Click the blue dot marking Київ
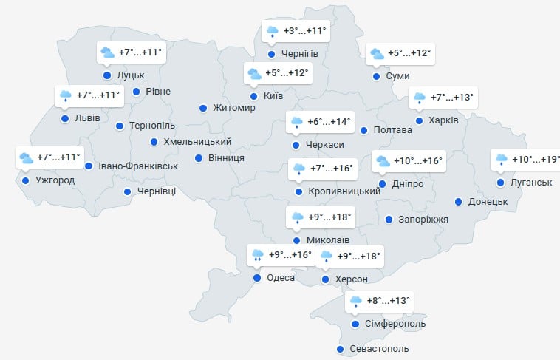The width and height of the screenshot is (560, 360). pyautogui.click(x=253, y=96)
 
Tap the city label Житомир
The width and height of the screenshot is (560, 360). pyautogui.click(x=233, y=108)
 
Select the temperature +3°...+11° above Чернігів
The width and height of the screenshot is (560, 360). pyautogui.click(x=306, y=32)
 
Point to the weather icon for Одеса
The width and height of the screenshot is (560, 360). pyautogui.click(x=257, y=256)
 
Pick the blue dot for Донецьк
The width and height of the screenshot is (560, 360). pyautogui.click(x=459, y=202)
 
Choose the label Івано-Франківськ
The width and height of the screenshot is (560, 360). pyautogui.click(x=138, y=166)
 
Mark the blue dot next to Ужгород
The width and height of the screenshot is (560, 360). pyautogui.click(x=26, y=180)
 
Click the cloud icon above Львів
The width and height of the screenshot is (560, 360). pyautogui.click(x=66, y=95)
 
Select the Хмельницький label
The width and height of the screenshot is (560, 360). pyautogui.click(x=197, y=142)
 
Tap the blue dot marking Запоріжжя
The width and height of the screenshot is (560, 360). pyautogui.click(x=389, y=219)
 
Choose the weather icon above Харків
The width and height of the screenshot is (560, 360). pyautogui.click(x=420, y=98)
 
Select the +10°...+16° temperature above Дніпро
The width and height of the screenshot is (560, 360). pyautogui.click(x=420, y=161)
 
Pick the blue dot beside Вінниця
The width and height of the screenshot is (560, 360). pyautogui.click(x=199, y=158)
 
